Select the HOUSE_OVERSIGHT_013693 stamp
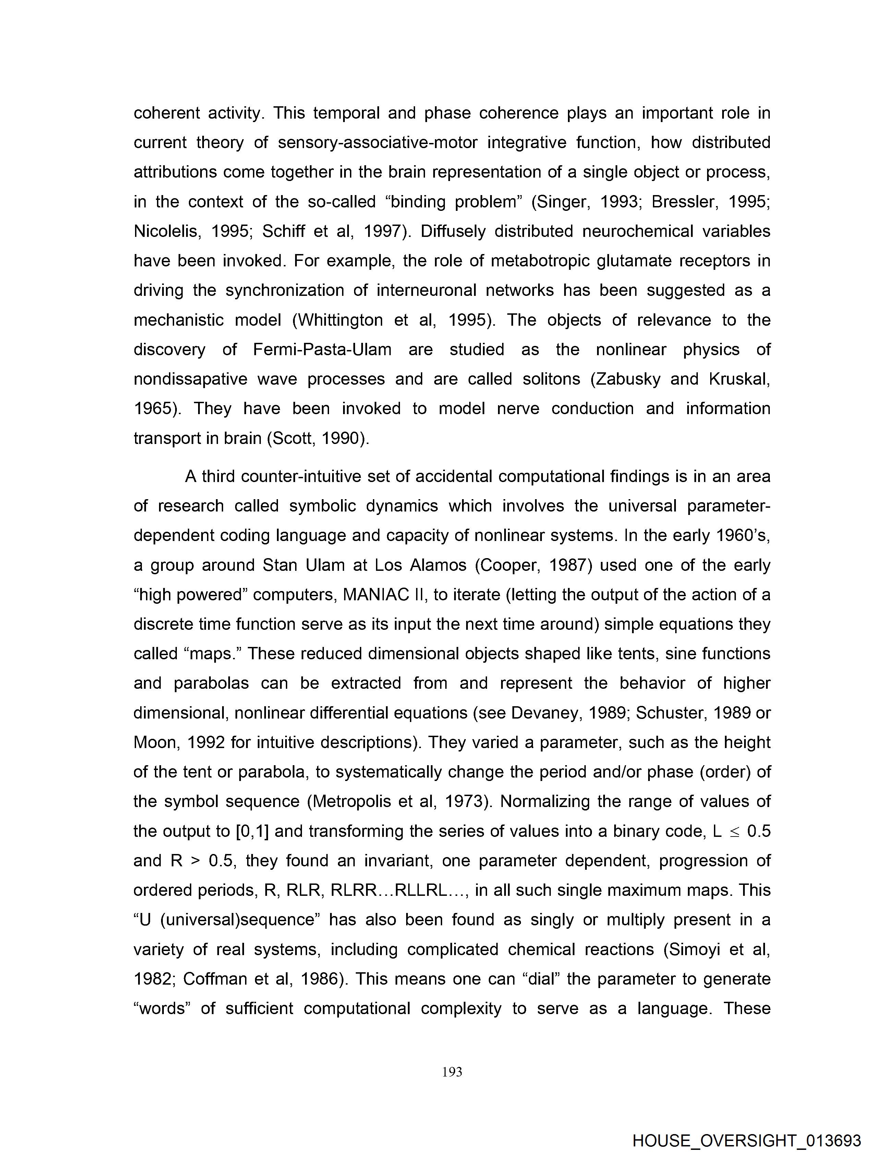pos(746,1140)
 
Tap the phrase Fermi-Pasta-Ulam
pos(322,349)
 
